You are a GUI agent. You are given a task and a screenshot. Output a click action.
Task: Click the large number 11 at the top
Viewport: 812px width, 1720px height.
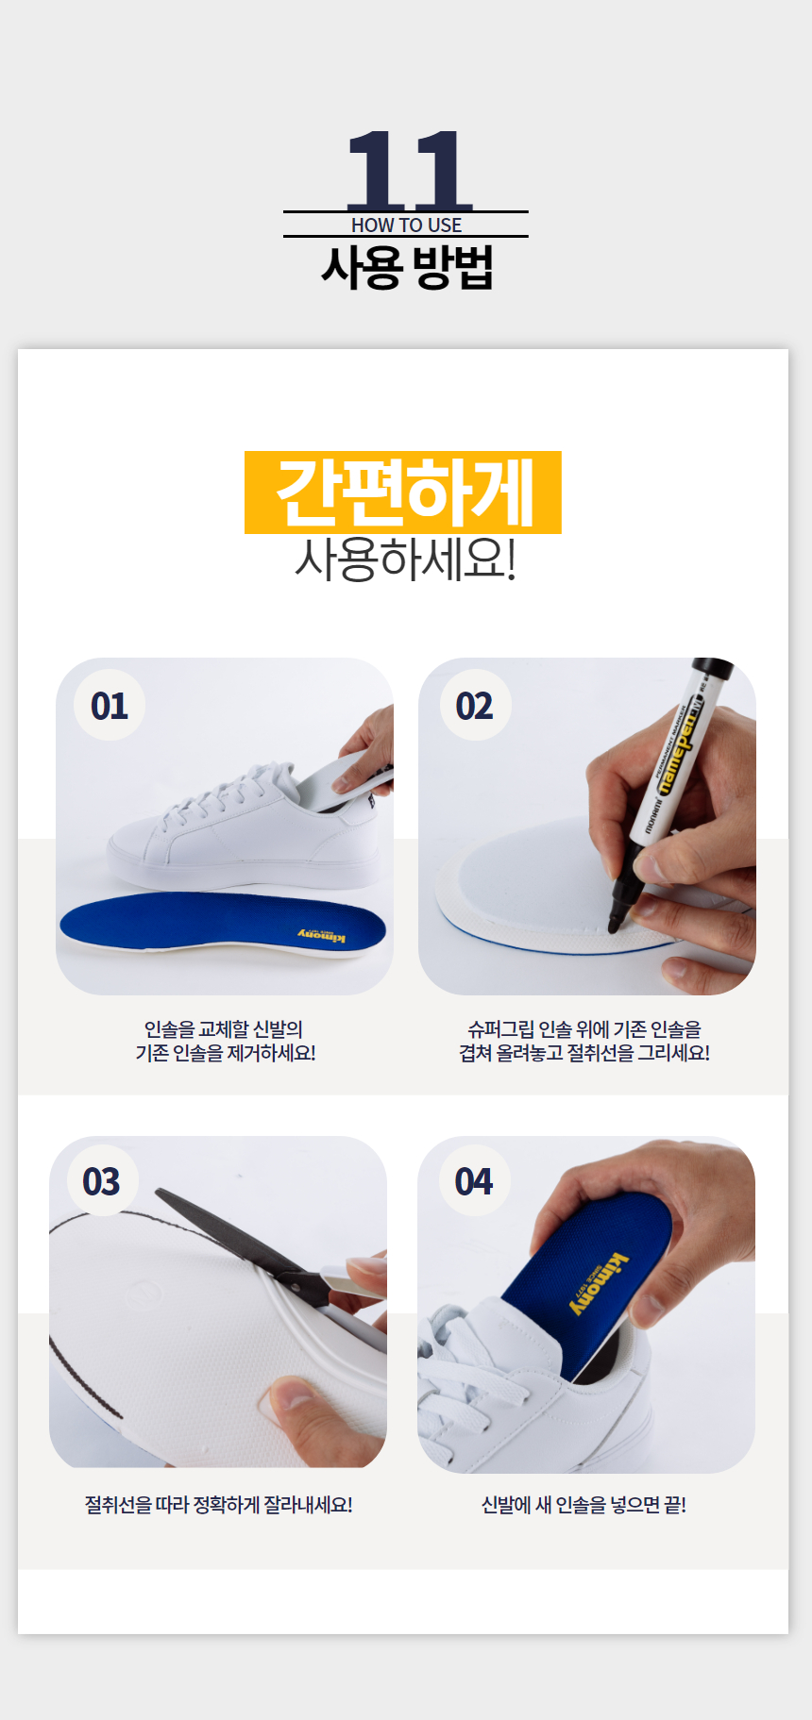408,170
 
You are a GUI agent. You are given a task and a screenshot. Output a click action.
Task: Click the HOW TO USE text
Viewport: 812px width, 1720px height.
407,225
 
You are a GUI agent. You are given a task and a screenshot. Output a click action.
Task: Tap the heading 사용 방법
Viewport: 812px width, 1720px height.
407,267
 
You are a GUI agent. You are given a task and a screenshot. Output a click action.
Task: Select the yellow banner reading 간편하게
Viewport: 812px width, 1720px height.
403,493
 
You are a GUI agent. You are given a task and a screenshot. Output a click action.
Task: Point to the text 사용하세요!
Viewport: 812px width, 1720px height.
406,559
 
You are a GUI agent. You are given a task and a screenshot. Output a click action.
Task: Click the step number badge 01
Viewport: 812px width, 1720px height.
110,706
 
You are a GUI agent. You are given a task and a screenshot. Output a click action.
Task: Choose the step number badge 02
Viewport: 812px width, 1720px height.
475,706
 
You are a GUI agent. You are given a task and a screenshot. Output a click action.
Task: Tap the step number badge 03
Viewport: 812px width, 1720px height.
102,1181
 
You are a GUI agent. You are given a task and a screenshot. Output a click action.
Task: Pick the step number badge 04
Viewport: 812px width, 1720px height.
474,1181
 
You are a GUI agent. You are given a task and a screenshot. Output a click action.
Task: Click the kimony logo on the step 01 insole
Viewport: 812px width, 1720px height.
322,935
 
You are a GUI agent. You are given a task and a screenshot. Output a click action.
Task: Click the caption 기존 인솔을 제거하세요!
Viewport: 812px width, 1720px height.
226,1053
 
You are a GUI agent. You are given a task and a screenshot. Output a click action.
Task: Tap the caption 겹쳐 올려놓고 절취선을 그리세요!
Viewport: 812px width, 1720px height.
584,1053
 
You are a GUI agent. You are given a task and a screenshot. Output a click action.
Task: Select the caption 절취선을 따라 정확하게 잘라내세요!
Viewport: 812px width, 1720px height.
219,1505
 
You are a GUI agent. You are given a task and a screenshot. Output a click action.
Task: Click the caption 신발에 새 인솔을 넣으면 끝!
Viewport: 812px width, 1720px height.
584,1505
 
